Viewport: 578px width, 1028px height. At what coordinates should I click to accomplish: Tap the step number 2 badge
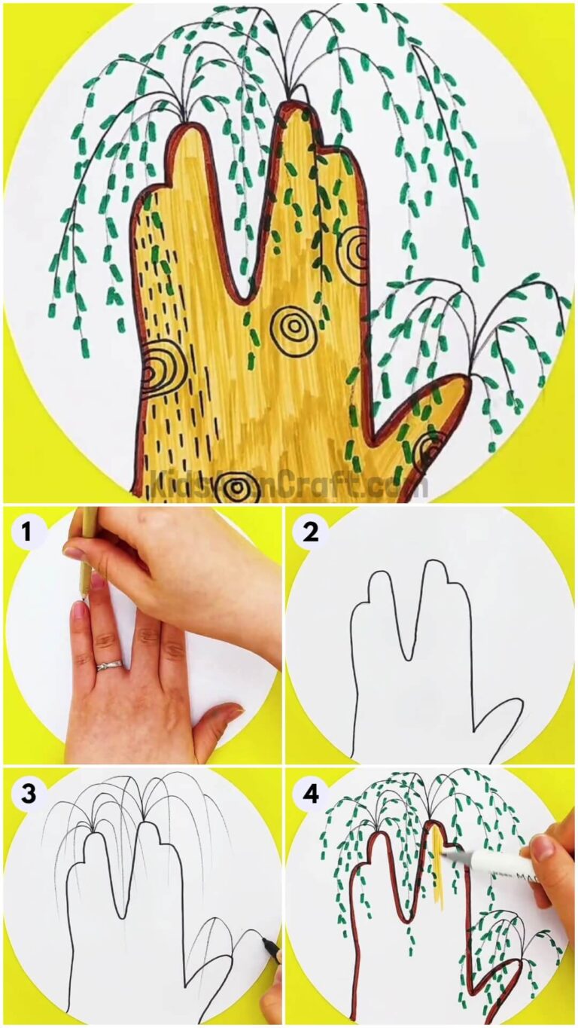tap(310, 533)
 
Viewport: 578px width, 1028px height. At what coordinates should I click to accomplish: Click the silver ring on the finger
tap(109, 665)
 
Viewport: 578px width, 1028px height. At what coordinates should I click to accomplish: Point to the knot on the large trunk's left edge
tap(155, 369)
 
